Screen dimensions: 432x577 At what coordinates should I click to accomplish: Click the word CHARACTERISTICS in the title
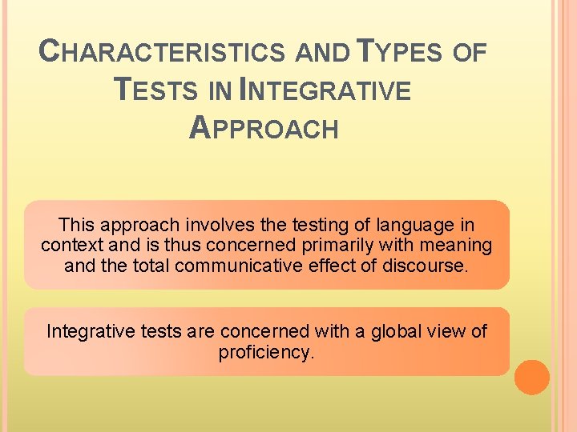tap(163, 53)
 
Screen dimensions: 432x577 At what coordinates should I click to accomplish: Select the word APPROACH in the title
tap(264, 127)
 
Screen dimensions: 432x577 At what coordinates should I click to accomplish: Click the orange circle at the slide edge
tap(531, 377)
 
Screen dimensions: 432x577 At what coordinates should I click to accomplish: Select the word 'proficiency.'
tap(266, 351)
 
